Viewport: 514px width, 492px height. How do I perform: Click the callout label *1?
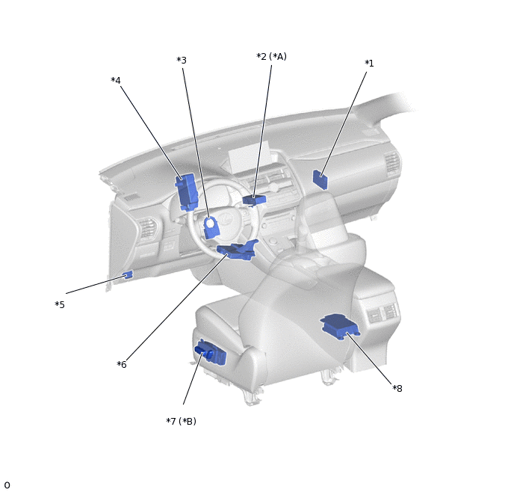[369, 64]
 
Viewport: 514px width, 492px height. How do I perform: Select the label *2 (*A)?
[271, 57]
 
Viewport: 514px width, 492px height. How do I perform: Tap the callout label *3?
[182, 61]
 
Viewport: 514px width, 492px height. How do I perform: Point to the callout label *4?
[116, 80]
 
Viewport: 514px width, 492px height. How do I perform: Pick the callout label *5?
[60, 305]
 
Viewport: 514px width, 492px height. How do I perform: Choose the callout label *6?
[122, 364]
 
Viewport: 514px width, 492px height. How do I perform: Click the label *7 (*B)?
[181, 421]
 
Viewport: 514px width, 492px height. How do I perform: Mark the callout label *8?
[397, 388]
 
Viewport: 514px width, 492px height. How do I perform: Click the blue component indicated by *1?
[320, 179]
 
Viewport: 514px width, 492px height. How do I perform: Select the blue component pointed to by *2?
[254, 199]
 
